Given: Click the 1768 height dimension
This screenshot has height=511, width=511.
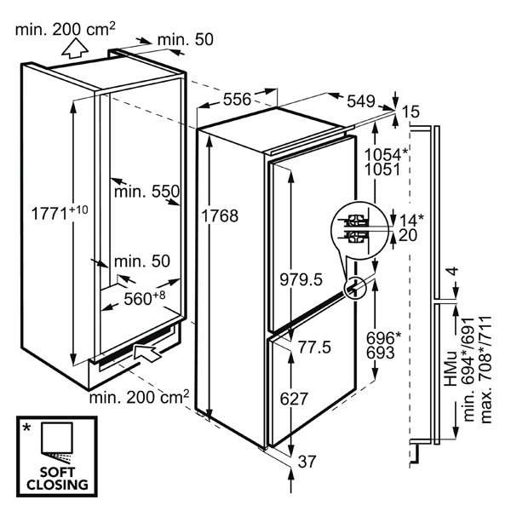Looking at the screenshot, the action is tap(220, 215).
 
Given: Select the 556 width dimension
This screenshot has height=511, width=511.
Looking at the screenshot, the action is tap(238, 99).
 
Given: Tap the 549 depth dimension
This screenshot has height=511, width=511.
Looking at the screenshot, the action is tap(361, 101).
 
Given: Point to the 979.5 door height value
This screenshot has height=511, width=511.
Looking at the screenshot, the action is tap(301, 279).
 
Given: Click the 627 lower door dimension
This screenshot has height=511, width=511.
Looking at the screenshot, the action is tap(295, 399).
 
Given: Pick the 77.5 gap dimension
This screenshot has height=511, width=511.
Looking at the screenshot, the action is tap(314, 347).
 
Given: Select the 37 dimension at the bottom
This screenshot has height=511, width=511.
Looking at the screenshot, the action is tap(307, 462).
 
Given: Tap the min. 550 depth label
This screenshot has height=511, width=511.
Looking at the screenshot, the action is tap(147, 192).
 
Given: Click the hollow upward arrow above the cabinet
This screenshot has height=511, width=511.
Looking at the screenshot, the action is tap(75, 49).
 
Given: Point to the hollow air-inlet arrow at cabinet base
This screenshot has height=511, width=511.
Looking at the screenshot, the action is tap(147, 353).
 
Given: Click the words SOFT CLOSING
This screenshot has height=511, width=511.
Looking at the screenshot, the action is tap(57, 479).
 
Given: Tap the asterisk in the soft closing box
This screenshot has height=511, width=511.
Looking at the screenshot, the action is tap(26, 428).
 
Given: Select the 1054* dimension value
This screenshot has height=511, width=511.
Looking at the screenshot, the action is tap(386, 154).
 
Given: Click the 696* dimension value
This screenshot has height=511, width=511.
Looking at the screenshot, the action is tap(384, 338).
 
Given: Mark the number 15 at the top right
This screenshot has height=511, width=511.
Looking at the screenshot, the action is tap(411, 112).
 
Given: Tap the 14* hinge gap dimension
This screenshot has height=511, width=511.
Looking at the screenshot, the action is tap(411, 221).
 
